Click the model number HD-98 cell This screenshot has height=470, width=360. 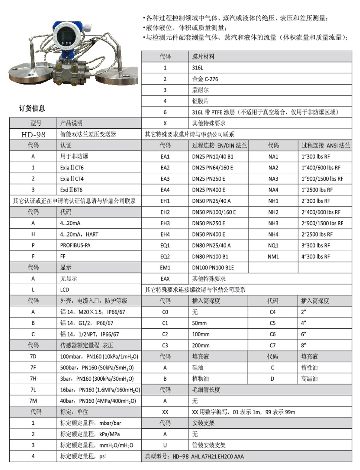(x=33, y=134)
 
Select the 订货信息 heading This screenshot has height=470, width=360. (x=32, y=108)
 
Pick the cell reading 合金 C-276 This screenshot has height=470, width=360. (x=205, y=79)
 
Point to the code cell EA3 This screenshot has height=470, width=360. (x=165, y=179)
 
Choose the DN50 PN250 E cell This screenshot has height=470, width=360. (x=208, y=223)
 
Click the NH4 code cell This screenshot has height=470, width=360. (x=273, y=235)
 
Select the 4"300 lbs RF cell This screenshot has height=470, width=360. (x=316, y=257)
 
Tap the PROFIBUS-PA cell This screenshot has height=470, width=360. (x=75, y=245)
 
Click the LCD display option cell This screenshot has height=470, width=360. (x=64, y=290)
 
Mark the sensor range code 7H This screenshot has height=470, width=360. (x=33, y=379)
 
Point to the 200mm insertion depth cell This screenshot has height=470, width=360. (x=201, y=346)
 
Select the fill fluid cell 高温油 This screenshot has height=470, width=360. (x=309, y=379)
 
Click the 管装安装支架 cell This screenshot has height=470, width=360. (x=209, y=445)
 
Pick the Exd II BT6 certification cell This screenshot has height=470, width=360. (x=71, y=190)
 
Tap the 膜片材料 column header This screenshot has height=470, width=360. (x=203, y=57)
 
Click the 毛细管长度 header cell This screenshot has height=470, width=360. (x=206, y=390)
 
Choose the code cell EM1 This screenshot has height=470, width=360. (x=165, y=268)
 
